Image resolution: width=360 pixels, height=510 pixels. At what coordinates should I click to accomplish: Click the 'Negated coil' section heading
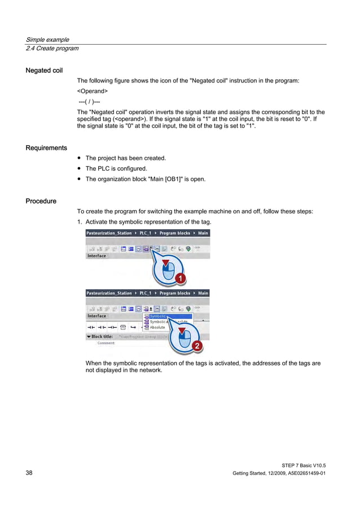44,71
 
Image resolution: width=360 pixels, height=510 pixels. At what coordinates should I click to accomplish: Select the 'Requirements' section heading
46,148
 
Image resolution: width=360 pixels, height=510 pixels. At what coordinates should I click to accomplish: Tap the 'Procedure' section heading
41,201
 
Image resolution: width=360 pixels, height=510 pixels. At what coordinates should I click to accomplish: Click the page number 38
29,472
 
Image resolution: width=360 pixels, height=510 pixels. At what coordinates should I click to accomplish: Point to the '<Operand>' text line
93,91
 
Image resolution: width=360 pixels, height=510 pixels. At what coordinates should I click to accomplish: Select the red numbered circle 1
179,278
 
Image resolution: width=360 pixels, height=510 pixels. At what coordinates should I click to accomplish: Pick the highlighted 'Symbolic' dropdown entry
159,316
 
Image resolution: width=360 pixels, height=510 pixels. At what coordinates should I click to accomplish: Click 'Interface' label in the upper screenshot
96,256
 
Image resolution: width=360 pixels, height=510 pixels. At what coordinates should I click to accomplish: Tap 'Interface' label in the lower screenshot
96,316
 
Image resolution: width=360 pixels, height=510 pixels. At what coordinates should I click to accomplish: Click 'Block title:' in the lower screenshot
101,336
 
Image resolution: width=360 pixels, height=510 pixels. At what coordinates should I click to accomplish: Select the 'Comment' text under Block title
106,343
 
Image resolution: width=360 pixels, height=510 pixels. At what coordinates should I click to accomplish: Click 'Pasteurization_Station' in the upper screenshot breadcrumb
109,233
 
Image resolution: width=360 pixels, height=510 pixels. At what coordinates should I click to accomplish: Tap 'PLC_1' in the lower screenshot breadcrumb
146,293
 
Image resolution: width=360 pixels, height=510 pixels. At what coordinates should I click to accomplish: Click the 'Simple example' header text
47,40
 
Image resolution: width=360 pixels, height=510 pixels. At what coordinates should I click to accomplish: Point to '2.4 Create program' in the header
52,48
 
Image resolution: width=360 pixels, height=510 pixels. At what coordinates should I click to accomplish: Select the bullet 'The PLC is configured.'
116,169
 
